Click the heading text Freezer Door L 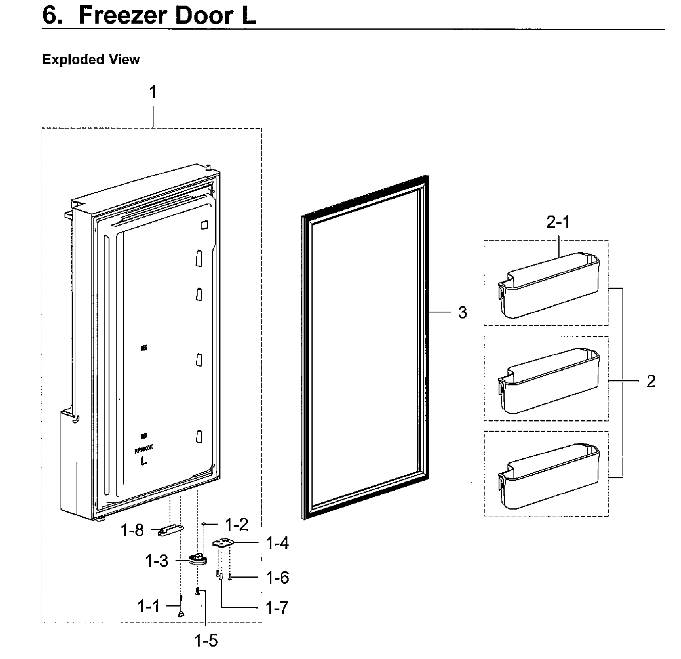click(167, 16)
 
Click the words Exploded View click(91, 60)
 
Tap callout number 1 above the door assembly click(153, 92)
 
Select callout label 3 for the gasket click(463, 312)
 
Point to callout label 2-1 click(558, 223)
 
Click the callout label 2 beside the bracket click(651, 381)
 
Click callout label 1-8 click(132, 530)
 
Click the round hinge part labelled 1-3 click(198, 559)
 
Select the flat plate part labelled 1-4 click(222, 544)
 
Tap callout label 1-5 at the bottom click(206, 641)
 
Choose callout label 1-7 click(277, 608)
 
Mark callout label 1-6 click(277, 578)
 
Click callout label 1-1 click(149, 607)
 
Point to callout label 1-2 click(236, 524)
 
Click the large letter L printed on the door click(143, 461)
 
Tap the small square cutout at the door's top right click(204, 225)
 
